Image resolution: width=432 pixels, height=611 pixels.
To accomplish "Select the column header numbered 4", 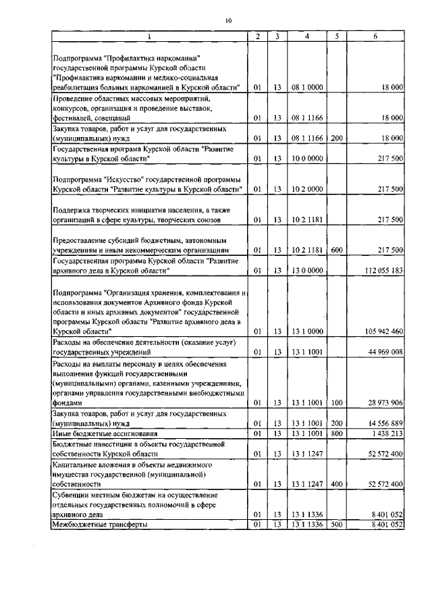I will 306,36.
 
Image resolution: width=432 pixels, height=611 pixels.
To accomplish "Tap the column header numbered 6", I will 375,36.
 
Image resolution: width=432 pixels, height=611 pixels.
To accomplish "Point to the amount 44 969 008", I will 382,352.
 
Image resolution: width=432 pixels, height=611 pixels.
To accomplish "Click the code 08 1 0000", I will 307,88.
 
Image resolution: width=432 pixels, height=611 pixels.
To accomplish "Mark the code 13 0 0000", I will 307,271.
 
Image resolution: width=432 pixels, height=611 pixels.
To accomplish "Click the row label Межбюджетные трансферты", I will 100,524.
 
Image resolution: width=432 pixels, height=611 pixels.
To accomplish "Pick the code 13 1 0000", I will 307,331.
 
